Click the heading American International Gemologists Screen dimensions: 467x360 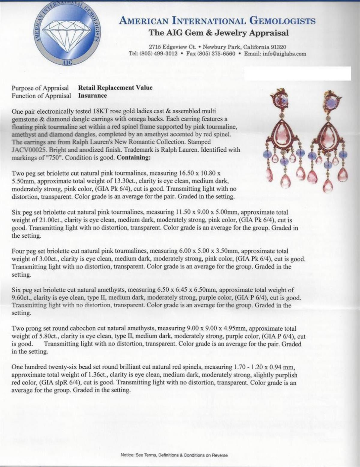click(x=217, y=21)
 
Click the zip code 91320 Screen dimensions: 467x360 click(x=277, y=47)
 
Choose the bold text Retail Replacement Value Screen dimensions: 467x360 click(x=115, y=88)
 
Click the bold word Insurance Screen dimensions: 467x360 click(x=92, y=96)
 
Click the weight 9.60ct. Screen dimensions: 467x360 click(x=21, y=298)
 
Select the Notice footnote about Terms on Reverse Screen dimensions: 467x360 click(x=174, y=455)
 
